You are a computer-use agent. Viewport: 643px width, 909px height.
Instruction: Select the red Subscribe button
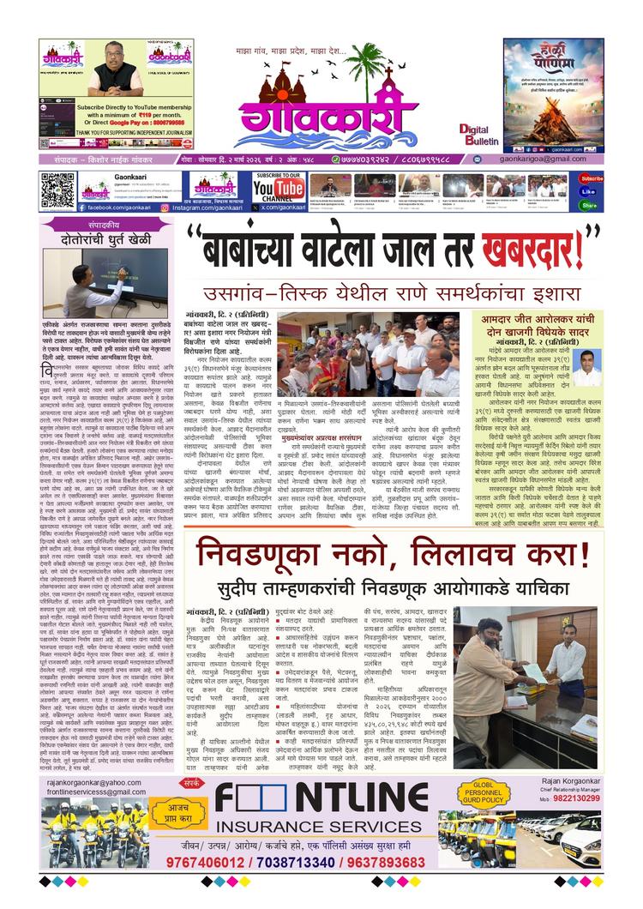click(x=590, y=179)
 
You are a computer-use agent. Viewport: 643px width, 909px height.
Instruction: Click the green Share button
click(x=589, y=205)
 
